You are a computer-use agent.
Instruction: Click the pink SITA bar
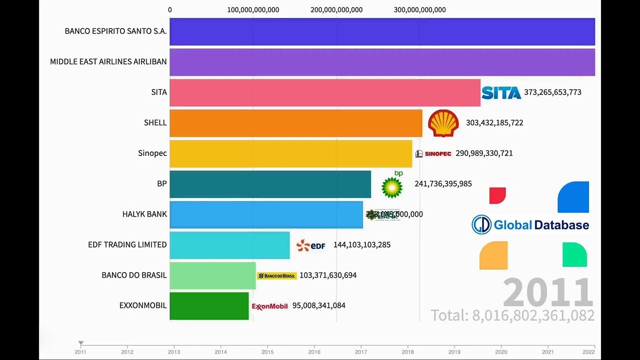pos(325,92)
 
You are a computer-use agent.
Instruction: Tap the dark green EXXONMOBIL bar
pos(209,306)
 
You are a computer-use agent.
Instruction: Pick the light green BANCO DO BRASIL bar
pos(212,275)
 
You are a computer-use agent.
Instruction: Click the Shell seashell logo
pos(443,123)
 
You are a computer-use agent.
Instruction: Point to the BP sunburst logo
pos(392,186)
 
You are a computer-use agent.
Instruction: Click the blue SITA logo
pos(501,92)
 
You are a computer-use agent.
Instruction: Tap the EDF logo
pos(310,245)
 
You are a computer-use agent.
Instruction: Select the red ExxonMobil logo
pos(270,306)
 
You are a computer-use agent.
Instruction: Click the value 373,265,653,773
pos(552,92)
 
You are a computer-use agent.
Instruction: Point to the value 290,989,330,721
pos(484,153)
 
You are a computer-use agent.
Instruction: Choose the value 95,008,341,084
pos(318,306)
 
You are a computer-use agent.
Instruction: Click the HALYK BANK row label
pos(144,214)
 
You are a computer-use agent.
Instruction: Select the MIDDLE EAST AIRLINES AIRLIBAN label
pos(108,62)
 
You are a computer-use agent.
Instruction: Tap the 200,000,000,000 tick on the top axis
pos(336,10)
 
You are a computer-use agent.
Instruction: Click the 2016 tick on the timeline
pos(314,351)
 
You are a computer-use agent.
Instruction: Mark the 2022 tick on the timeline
pos(594,351)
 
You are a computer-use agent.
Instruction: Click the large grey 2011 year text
pos(547,293)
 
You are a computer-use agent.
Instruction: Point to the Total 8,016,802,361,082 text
pos(512,315)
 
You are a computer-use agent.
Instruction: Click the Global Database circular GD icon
pos(481,225)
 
